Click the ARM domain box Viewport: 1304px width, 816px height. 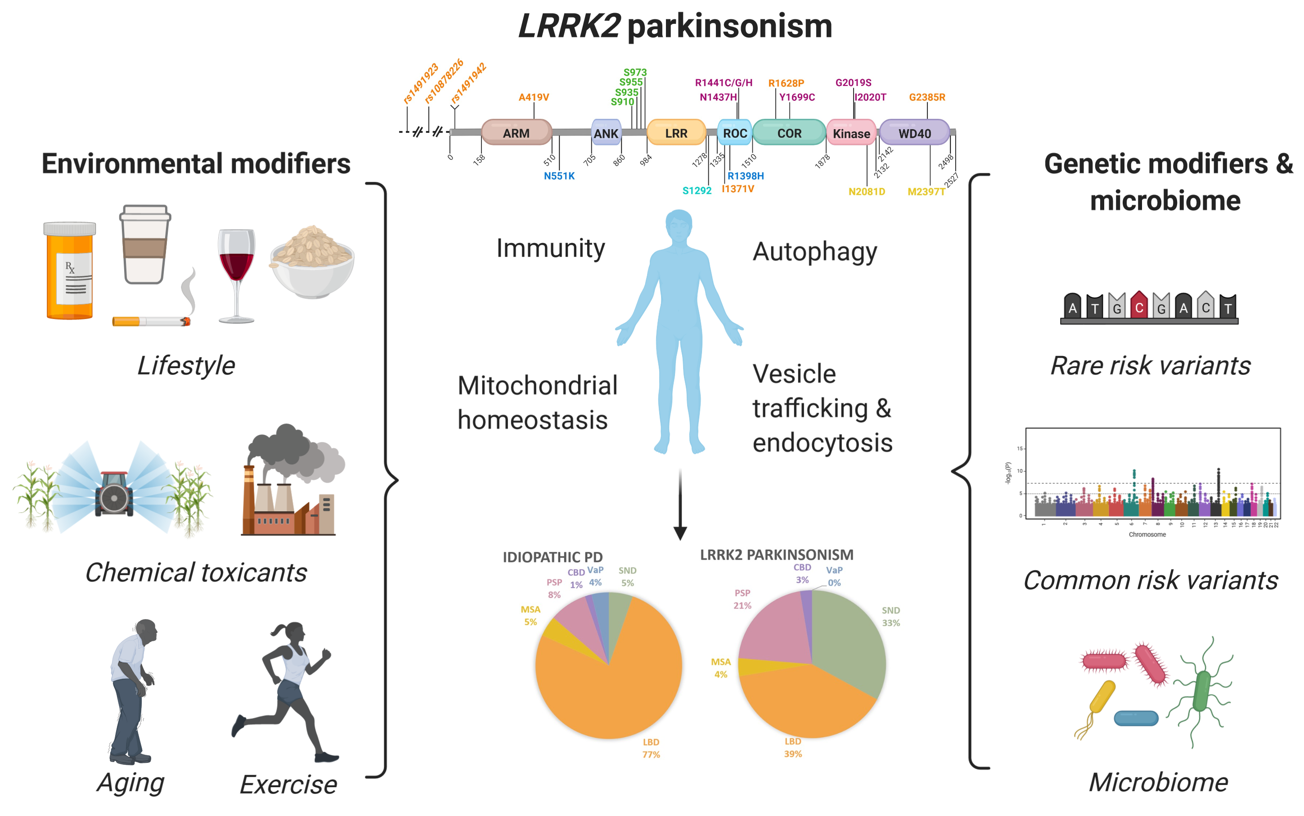click(x=516, y=133)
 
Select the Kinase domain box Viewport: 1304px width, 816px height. click(x=851, y=133)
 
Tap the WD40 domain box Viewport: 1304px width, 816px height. click(x=914, y=133)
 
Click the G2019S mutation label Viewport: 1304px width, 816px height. click(x=853, y=82)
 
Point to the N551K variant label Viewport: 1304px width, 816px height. click(x=559, y=176)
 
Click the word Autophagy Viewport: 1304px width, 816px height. click(x=814, y=252)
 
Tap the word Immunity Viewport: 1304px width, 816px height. click(x=550, y=248)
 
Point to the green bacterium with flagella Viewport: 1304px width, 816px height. click(x=1202, y=691)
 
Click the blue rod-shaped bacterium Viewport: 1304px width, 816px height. click(x=1136, y=718)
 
